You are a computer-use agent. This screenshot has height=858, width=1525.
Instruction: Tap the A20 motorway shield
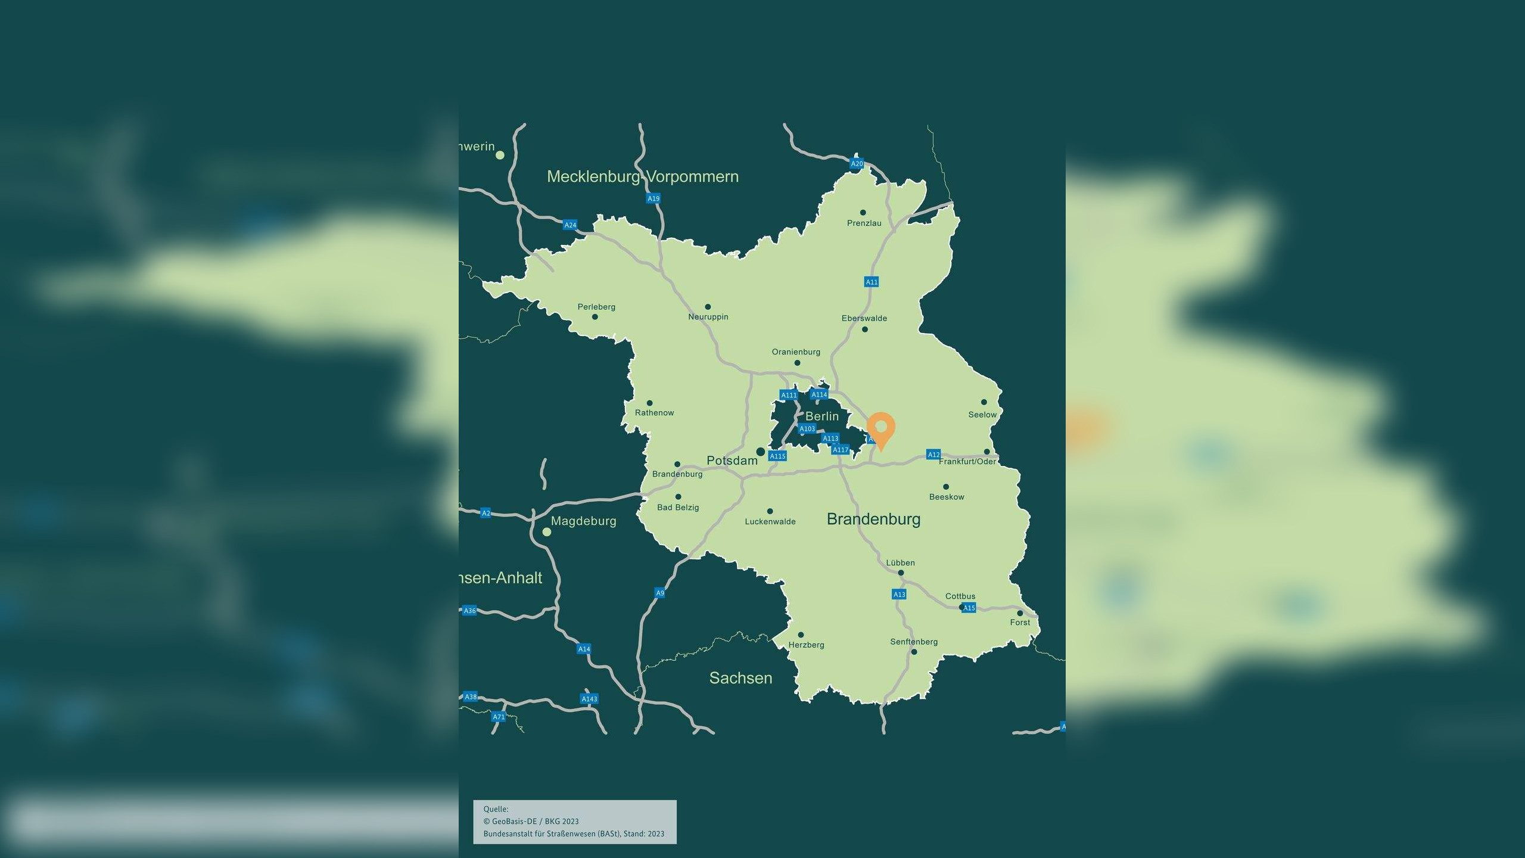[x=857, y=164]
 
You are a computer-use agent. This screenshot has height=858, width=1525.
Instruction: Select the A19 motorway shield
[x=653, y=198]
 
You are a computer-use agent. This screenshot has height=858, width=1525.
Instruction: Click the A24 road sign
[x=570, y=225]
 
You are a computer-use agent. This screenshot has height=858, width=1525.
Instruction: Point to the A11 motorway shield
[x=872, y=282]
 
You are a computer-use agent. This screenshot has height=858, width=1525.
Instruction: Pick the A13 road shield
[x=899, y=594]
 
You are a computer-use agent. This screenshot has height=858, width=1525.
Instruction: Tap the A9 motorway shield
[x=659, y=593]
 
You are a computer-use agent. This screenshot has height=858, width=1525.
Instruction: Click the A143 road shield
[x=589, y=699]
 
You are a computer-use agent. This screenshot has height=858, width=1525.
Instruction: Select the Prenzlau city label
[x=864, y=223]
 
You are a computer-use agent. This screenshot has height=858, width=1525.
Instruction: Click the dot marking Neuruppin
[x=708, y=307]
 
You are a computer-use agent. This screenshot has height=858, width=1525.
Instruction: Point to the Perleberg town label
[x=596, y=307]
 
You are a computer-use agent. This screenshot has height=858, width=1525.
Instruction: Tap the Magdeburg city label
[x=583, y=521]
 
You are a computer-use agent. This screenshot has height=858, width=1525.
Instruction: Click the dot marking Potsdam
[x=761, y=452]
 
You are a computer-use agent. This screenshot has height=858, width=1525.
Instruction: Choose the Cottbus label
[x=960, y=596]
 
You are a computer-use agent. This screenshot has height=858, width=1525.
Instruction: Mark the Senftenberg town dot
[x=914, y=652]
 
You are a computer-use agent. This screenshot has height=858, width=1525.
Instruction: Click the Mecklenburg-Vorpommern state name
[x=642, y=176]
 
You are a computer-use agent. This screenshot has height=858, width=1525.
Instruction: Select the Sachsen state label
[x=740, y=678]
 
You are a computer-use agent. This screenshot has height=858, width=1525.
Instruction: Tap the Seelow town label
[x=982, y=415]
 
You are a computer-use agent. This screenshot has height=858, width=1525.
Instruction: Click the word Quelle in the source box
[x=496, y=809]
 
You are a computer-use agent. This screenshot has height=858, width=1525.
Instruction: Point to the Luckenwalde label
[x=770, y=521]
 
